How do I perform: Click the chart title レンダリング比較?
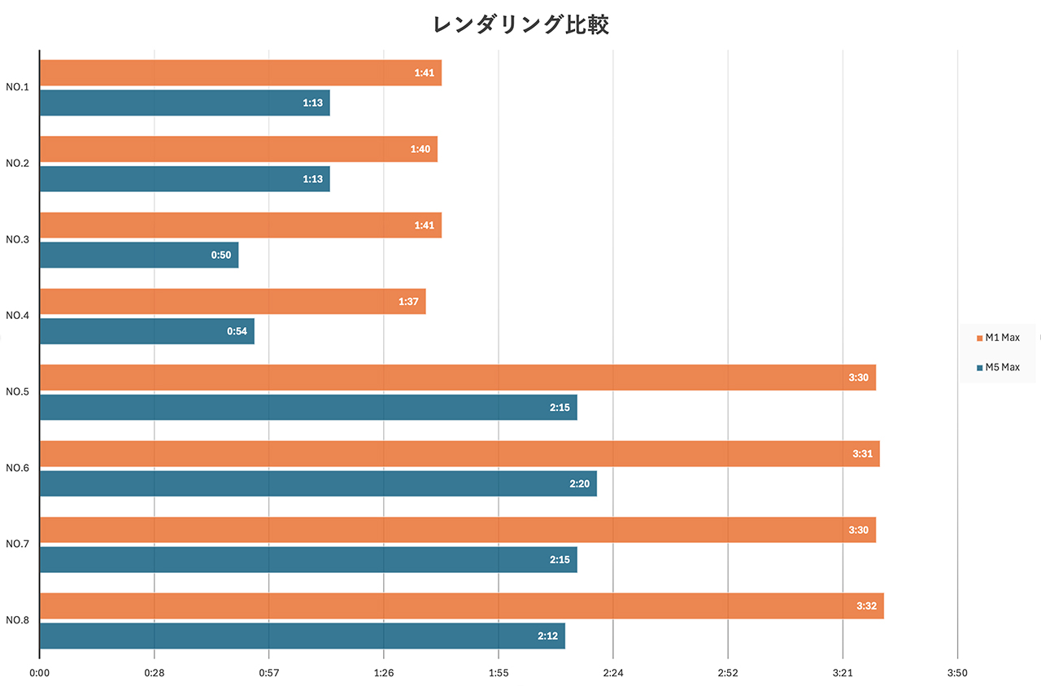(x=520, y=25)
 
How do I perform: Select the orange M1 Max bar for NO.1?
(x=240, y=73)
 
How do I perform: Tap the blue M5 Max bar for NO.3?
(x=138, y=255)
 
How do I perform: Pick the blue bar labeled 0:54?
(x=146, y=331)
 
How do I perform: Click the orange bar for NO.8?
(x=461, y=606)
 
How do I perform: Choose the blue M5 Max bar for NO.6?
(x=317, y=483)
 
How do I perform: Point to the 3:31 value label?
(x=862, y=454)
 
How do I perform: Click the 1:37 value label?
(x=408, y=302)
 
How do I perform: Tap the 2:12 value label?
(x=547, y=636)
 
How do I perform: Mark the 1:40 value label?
(x=420, y=150)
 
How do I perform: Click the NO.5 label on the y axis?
(x=18, y=391)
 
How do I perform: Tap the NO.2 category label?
(x=18, y=164)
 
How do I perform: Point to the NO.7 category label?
(x=18, y=544)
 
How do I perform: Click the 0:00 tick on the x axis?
(x=39, y=673)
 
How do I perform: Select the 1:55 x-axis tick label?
(x=498, y=673)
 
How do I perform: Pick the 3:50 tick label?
(x=957, y=673)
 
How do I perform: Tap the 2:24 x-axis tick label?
(x=613, y=673)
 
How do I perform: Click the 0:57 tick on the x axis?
(x=268, y=673)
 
